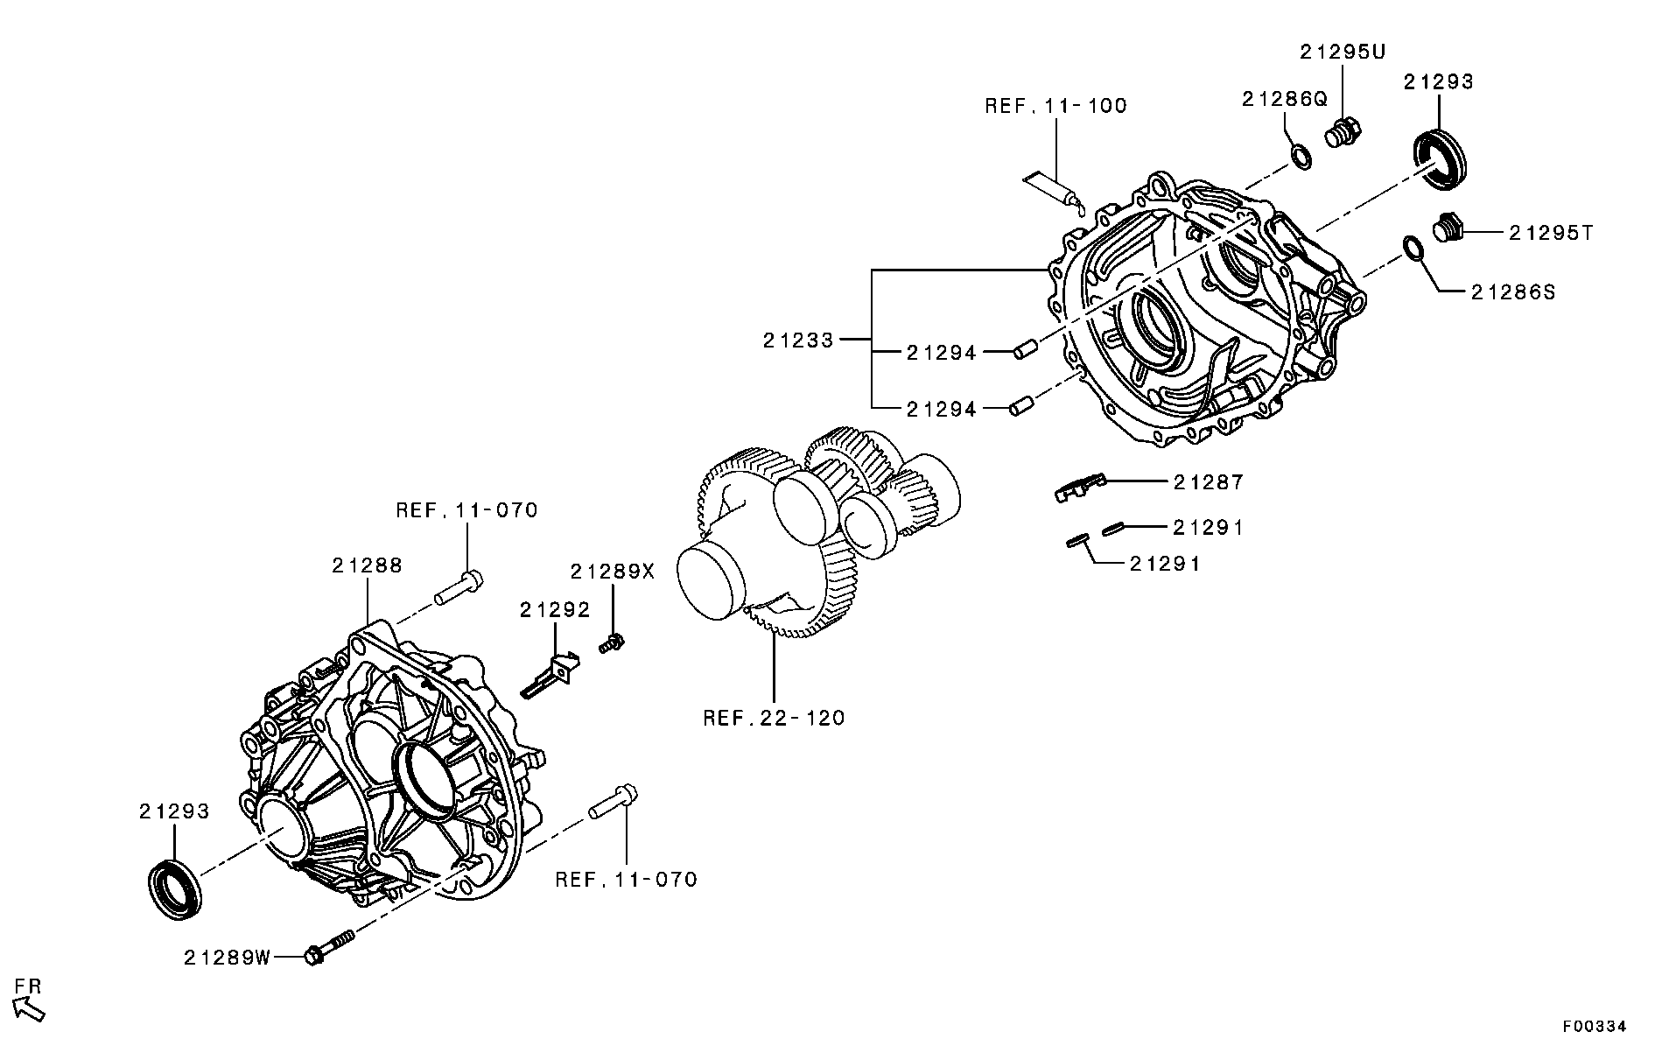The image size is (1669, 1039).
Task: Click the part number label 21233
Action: [797, 340]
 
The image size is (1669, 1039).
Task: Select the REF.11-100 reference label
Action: [1055, 106]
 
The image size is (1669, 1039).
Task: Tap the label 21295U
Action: [1343, 52]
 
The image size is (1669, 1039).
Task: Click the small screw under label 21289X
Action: [611, 645]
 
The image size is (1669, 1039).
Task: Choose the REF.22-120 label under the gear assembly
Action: [774, 719]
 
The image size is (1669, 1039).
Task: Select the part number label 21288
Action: [367, 565]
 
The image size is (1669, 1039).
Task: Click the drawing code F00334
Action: [1594, 1026]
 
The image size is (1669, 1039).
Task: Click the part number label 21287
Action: [1208, 481]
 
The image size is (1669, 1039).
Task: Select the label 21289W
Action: [228, 958]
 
